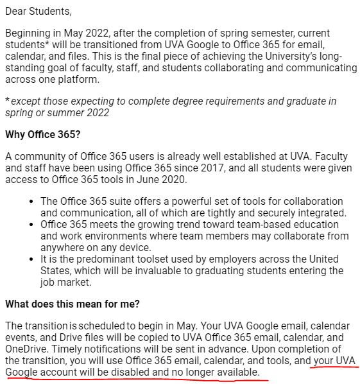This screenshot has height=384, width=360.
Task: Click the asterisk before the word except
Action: [x=7, y=101]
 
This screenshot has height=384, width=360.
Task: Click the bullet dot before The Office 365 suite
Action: [x=32, y=202]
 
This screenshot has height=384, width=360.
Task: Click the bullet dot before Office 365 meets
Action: [x=32, y=224]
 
